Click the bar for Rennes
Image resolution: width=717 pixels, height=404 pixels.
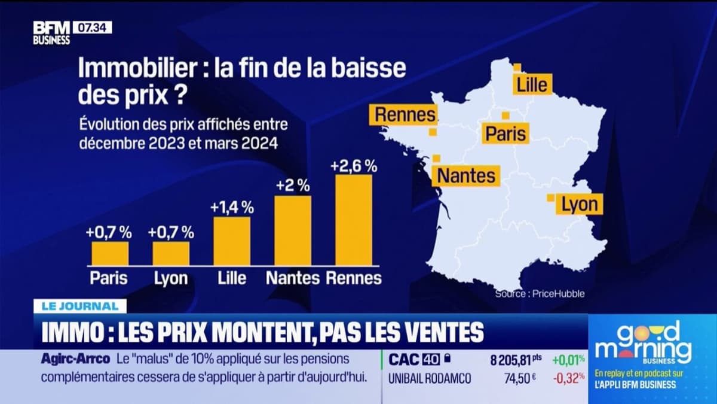coord(354,220)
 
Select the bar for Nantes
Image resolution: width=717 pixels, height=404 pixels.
coord(293,230)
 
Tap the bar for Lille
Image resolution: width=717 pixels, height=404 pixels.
coord(232,241)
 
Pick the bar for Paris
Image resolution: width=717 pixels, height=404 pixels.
coord(110,253)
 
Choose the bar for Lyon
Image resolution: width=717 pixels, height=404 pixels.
coord(171,253)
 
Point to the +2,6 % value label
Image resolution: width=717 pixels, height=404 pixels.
coord(354,165)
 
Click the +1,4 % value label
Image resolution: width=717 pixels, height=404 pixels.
coord(232,208)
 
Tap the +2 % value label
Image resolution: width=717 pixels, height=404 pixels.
coord(293,186)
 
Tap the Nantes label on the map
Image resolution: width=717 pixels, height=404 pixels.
coord(466,175)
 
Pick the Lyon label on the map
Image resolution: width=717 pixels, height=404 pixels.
coord(579,205)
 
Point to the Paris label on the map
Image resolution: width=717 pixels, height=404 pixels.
coord(505,133)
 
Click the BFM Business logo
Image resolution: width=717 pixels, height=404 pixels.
coord(51,34)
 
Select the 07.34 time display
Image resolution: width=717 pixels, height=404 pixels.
coord(92,28)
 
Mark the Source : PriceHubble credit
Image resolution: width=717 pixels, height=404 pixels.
coord(539,294)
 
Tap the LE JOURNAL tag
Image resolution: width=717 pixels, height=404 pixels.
coord(80,306)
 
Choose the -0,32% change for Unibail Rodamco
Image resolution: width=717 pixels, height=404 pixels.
coord(568,378)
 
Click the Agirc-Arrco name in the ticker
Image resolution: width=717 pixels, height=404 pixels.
coord(75,360)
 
